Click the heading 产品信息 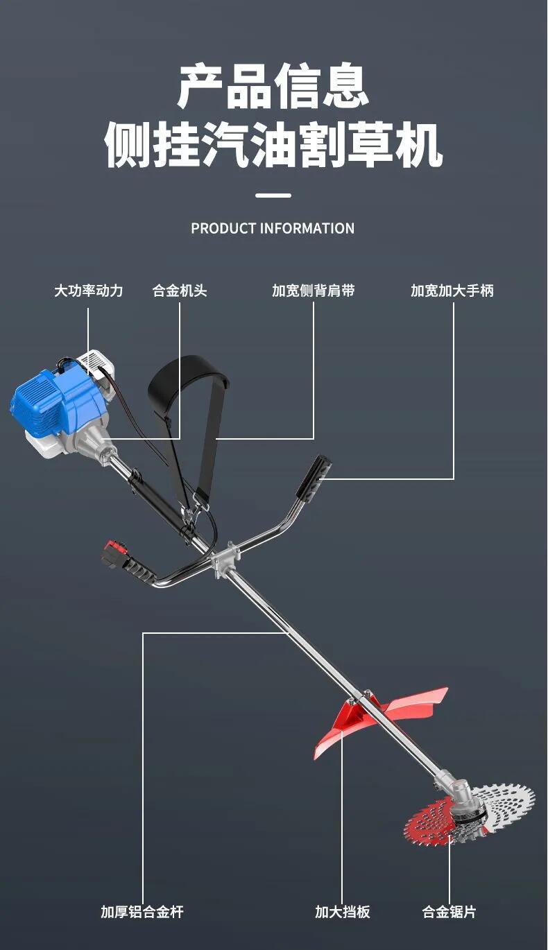point(273,86)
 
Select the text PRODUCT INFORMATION point(273,228)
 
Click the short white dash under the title point(273,196)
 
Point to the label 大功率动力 point(88,291)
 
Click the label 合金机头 point(180,291)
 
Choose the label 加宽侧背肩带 point(313,291)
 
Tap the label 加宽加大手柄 point(452,291)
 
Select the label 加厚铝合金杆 point(142,912)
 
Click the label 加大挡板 point(343,912)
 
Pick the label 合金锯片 point(449,912)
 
